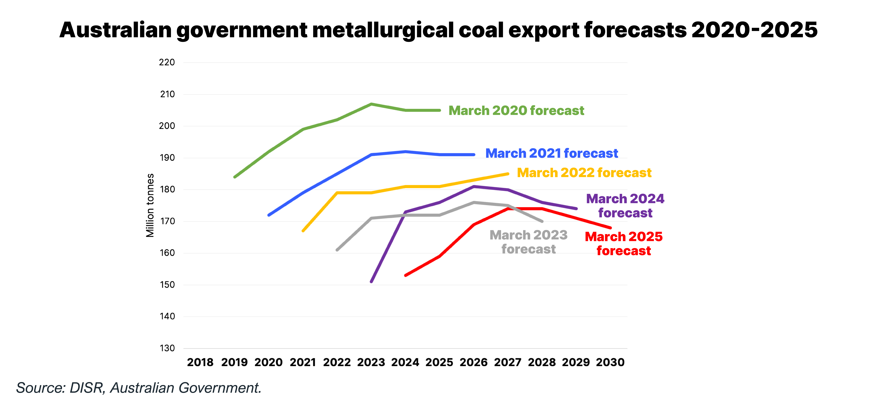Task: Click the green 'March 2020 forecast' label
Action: [516, 111]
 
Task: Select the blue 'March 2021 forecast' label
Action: [551, 153]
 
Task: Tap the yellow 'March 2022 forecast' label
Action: [584, 173]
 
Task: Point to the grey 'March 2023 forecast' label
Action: [528, 242]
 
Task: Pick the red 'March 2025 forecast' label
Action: [624, 244]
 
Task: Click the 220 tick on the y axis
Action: [167, 62]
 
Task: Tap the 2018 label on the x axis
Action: [200, 362]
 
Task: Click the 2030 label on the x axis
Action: [610, 362]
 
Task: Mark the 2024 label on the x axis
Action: [405, 362]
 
